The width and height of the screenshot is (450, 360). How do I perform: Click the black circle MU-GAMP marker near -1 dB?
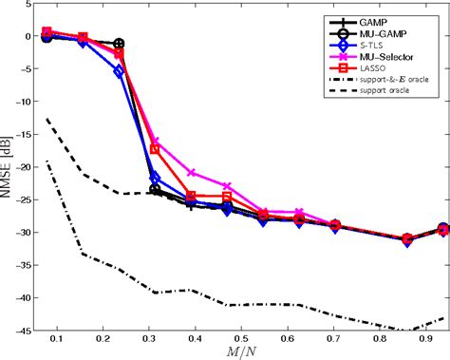pyautogui.click(x=119, y=44)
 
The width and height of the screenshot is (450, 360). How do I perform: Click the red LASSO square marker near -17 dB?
pyautogui.click(x=155, y=149)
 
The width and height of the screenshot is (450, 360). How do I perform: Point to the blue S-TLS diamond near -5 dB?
pyautogui.click(x=119, y=71)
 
